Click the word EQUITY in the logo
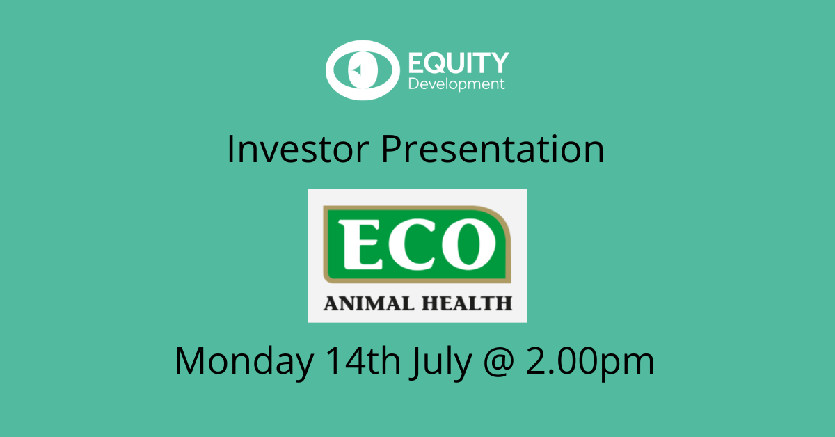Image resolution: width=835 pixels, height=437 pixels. [458, 64]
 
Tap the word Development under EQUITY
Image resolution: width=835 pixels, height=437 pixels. [456, 84]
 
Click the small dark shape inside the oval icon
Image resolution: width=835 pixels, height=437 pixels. [356, 70]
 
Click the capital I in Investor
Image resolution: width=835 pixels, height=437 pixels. [232, 150]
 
